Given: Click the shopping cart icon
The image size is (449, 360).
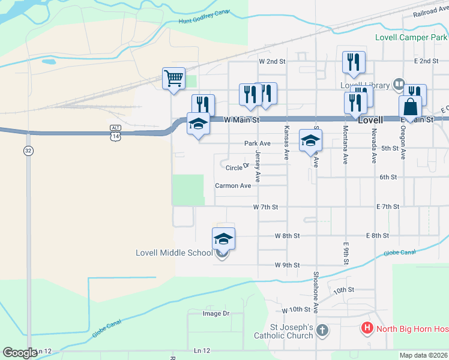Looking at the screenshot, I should pos(173,78).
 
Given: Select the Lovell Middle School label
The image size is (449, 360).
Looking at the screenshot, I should pos(174,253).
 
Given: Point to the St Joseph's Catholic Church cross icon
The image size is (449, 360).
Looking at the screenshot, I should pos(322,330).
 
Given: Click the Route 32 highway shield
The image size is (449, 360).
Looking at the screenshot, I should pos(28,151).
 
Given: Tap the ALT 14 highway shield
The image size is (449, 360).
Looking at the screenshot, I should pos(115,133).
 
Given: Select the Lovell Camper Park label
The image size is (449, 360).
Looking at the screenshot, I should pos(411,37).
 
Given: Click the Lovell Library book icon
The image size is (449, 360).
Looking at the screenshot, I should pos(398,85).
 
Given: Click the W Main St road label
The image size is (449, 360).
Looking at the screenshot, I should pos(241,120).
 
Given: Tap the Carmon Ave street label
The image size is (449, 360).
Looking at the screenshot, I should pos(233,186).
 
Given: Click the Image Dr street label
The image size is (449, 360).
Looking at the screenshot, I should pos(216,313).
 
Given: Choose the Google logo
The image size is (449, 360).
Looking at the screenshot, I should pos(20,352).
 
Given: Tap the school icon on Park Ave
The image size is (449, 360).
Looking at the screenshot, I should pos(310,141).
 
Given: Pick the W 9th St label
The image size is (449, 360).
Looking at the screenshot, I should pos(287,265).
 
